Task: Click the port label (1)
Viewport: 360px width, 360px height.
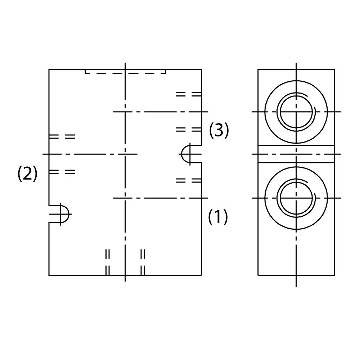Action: (218, 217)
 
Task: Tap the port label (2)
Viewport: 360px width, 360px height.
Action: (28, 174)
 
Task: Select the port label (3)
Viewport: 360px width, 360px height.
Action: (219, 130)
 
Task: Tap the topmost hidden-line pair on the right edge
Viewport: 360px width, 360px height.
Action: (189, 94)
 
